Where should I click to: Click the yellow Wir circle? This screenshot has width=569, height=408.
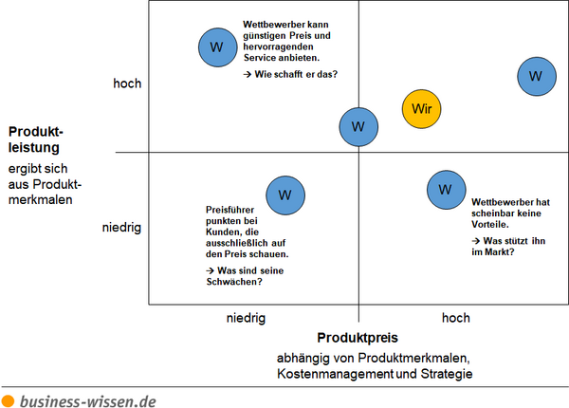point(421,109)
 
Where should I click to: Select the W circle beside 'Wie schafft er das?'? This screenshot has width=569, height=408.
point(218,47)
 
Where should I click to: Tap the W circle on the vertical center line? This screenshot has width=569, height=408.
point(358,127)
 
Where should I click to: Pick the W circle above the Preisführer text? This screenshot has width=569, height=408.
point(285,195)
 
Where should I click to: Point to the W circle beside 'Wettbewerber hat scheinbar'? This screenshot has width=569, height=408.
point(446,190)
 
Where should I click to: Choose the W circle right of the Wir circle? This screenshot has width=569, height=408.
point(537,76)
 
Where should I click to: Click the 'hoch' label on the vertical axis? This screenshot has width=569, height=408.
point(127,83)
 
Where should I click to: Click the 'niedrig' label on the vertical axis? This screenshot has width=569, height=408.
point(121,228)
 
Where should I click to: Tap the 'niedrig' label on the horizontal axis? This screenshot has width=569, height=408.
point(246,318)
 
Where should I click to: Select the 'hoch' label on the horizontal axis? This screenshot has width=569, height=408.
point(456,318)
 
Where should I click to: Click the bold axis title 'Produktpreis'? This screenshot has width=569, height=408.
point(358,338)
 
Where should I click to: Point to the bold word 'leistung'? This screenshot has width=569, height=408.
point(34,148)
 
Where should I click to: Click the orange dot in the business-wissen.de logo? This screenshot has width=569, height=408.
point(8,401)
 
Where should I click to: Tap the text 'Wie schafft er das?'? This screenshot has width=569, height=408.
point(296,74)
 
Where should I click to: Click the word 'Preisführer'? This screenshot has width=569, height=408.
point(230,210)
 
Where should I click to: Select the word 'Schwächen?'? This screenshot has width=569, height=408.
point(234,282)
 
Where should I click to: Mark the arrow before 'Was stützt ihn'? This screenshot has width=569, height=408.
point(476,241)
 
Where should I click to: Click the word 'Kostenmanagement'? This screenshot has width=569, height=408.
point(335,374)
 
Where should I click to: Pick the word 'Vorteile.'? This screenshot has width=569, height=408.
point(490,224)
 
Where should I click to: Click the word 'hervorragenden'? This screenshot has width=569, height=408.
point(278,46)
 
